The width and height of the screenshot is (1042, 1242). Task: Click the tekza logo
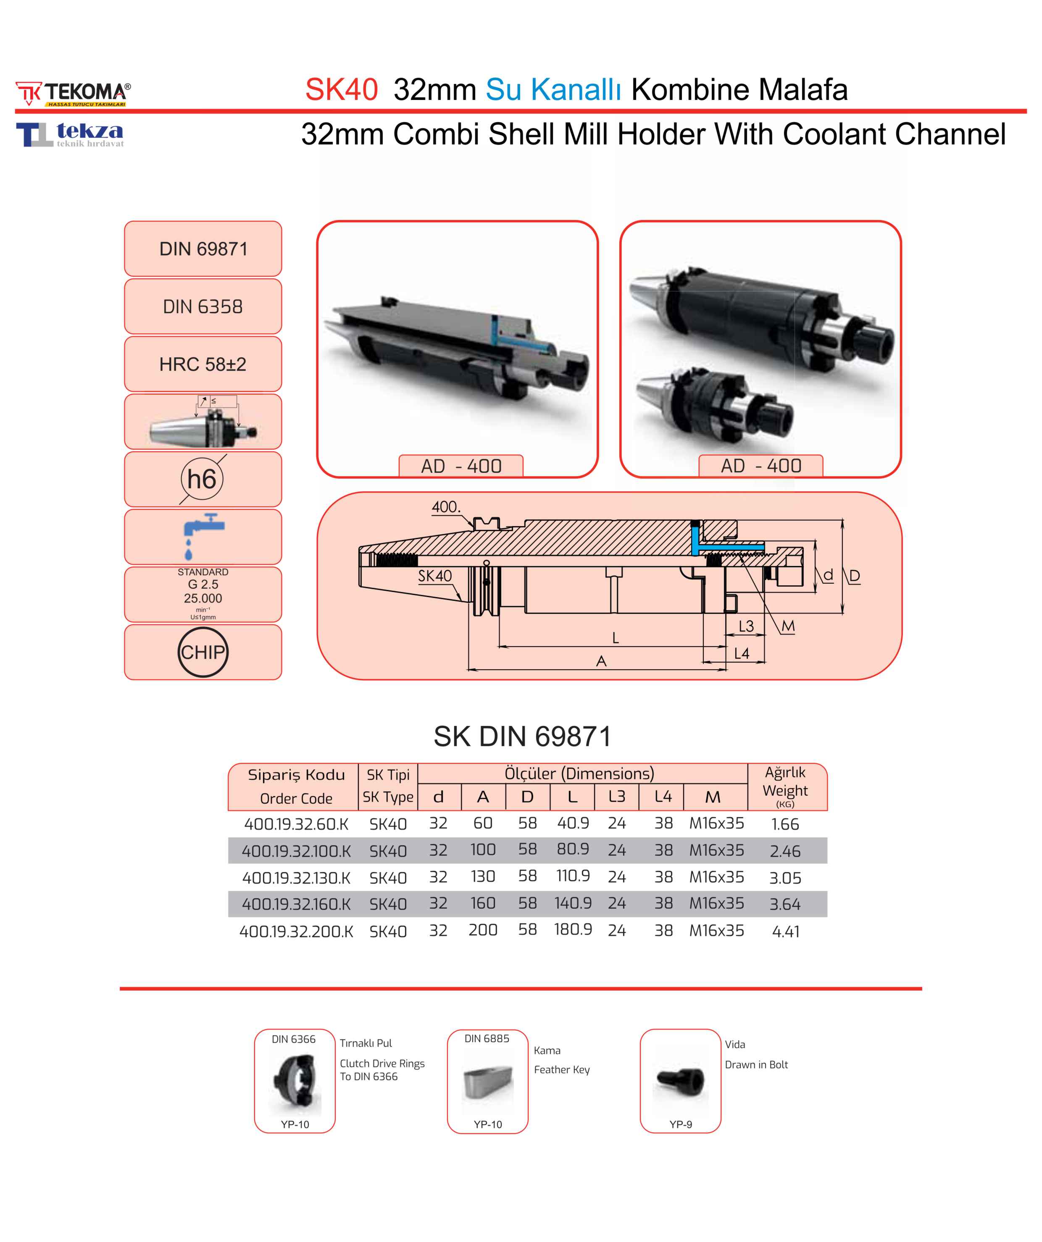(x=70, y=134)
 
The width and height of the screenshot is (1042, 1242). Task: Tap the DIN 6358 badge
(x=203, y=307)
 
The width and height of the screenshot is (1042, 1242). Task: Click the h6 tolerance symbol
(x=202, y=479)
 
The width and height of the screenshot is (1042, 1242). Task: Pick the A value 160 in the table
(x=483, y=903)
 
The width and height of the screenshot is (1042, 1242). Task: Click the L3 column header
(x=616, y=797)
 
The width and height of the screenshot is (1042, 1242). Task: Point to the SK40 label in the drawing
(x=434, y=576)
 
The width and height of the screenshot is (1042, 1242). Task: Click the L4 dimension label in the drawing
(x=742, y=653)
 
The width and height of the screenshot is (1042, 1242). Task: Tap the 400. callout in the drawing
(x=445, y=507)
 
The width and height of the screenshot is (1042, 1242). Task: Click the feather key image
(x=487, y=1083)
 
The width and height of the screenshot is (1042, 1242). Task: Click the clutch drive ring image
(x=295, y=1081)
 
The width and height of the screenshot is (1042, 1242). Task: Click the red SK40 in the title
(x=342, y=90)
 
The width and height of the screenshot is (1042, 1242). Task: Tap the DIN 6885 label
(x=487, y=1038)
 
